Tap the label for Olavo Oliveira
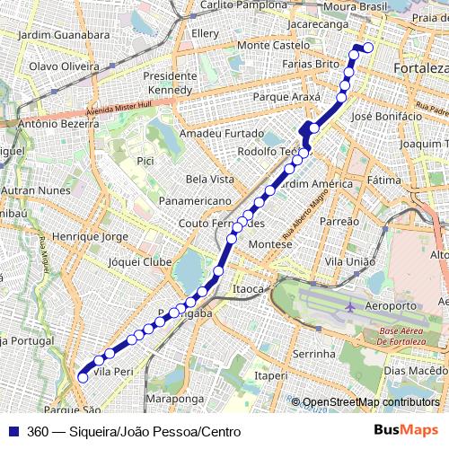[64, 66]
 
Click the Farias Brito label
[310, 64]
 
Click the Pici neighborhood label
[145, 161]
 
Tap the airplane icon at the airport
[348, 307]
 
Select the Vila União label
[349, 260]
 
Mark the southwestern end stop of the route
[83, 378]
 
